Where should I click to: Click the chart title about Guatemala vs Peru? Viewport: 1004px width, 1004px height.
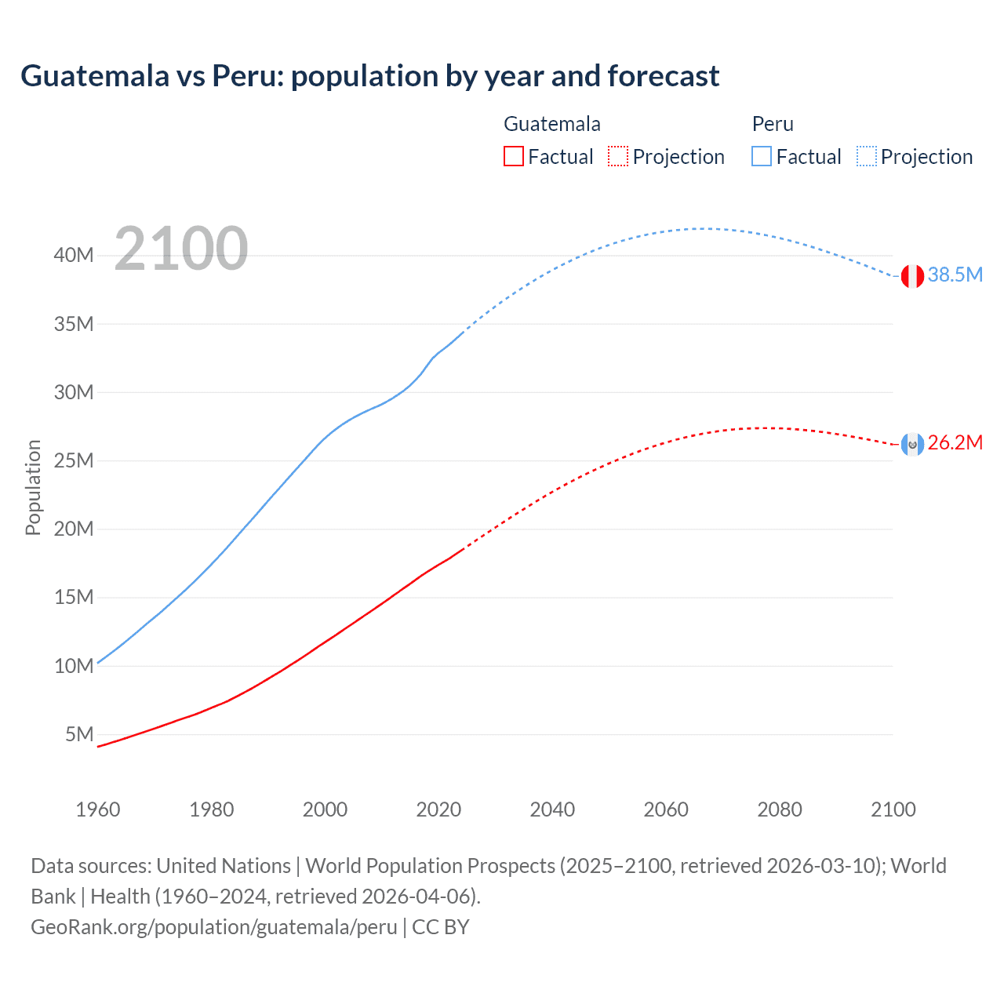pyautogui.click(x=369, y=76)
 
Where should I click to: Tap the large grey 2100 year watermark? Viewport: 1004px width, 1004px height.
pyautogui.click(x=181, y=249)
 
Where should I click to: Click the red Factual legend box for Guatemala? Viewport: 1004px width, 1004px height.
pyautogui.click(x=513, y=156)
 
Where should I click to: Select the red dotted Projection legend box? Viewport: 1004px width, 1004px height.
pyautogui.click(x=618, y=156)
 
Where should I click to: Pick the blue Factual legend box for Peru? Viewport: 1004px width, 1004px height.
pyautogui.click(x=761, y=156)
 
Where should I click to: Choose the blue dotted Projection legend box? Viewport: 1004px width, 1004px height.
pyautogui.click(x=867, y=156)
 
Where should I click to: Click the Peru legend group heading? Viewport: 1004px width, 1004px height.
pyautogui.click(x=773, y=124)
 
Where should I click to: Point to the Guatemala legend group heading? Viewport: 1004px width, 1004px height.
pyautogui.click(x=551, y=124)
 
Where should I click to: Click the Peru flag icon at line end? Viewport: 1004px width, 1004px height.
pyautogui.click(x=912, y=276)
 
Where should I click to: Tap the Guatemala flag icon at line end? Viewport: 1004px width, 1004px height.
pyautogui.click(x=912, y=445)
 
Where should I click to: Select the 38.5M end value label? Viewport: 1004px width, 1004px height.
pyautogui.click(x=955, y=275)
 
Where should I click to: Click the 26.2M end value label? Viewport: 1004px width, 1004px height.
pyautogui.click(x=955, y=443)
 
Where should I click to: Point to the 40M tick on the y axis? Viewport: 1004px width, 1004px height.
pyautogui.click(x=74, y=255)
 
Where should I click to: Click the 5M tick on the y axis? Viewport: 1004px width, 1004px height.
pyautogui.click(x=79, y=734)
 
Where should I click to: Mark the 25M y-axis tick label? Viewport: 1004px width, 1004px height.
pyautogui.click(x=74, y=460)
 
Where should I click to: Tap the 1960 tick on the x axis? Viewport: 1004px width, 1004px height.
pyautogui.click(x=98, y=809)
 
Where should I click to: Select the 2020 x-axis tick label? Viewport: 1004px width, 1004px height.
pyautogui.click(x=438, y=809)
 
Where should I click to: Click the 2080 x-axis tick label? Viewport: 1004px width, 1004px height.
pyautogui.click(x=780, y=809)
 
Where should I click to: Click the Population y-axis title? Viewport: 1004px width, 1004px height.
pyautogui.click(x=33, y=487)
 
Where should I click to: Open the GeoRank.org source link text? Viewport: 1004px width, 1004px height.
pyautogui.click(x=213, y=927)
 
